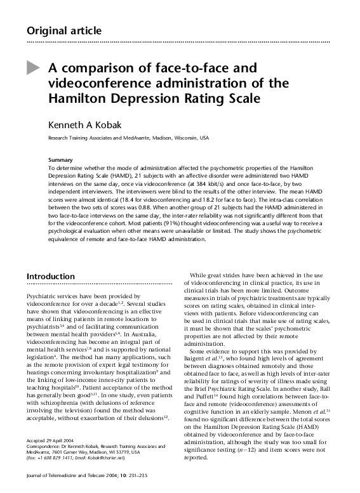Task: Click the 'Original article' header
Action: pyautogui.click(x=62, y=30)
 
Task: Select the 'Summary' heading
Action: pyautogui.click(x=60, y=159)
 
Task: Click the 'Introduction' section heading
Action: pyautogui.click(x=55, y=277)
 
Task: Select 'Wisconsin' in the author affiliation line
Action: pyautogui.click(x=177, y=137)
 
